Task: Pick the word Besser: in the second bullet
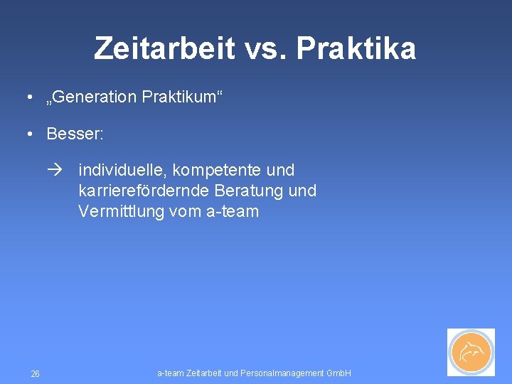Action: tap(75, 134)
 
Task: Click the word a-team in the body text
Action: tap(234, 212)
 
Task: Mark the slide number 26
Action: tap(36, 374)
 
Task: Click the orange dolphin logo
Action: tap(471, 352)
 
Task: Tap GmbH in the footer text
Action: tap(338, 373)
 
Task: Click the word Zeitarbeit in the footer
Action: tap(201, 373)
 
